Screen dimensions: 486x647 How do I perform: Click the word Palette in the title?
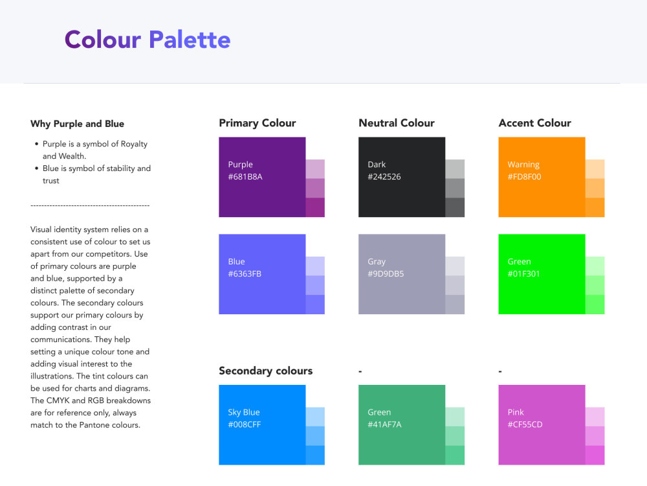click(x=190, y=40)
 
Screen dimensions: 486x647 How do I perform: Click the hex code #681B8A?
click(x=245, y=176)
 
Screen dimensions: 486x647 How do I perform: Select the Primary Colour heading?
click(x=258, y=123)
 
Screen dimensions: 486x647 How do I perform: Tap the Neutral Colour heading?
click(x=397, y=123)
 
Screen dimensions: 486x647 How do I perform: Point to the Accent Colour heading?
click(x=535, y=123)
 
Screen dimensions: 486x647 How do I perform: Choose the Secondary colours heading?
click(x=266, y=371)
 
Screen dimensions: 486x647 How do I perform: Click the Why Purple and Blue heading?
click(x=77, y=124)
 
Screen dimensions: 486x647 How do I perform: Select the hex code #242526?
click(x=384, y=176)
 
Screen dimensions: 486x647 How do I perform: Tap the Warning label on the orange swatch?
click(x=523, y=165)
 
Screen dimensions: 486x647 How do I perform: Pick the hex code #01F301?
click(x=524, y=273)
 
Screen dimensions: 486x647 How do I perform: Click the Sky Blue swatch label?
click(x=244, y=412)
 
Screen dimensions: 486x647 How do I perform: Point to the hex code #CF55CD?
click(x=525, y=424)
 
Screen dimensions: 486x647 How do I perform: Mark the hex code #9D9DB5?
click(x=386, y=273)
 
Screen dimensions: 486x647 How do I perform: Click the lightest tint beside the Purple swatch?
click(x=315, y=168)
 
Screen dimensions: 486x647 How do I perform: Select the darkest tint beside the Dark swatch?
click(x=455, y=207)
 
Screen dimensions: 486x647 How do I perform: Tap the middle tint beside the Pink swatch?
click(x=595, y=435)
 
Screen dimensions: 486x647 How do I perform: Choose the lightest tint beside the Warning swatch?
click(x=595, y=168)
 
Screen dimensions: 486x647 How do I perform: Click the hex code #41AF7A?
click(x=385, y=424)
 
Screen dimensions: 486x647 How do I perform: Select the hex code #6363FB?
click(x=245, y=273)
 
